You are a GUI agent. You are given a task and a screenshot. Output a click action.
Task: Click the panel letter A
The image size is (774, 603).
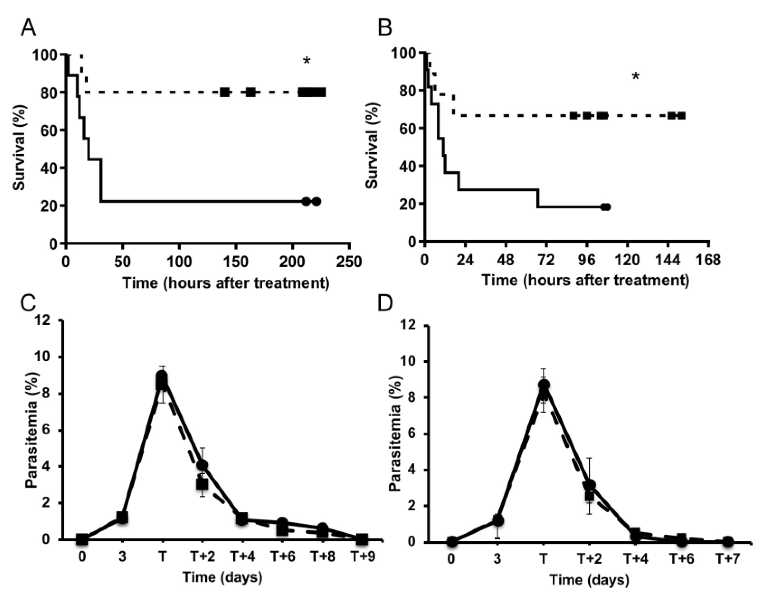pyautogui.click(x=28, y=28)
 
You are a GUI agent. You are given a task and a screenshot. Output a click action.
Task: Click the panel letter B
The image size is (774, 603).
pyautogui.click(x=385, y=28)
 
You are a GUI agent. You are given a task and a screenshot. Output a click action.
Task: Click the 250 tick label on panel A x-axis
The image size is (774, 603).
pyautogui.click(x=349, y=262)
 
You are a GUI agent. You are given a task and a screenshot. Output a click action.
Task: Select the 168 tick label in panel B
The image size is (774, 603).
pyautogui.click(x=708, y=261)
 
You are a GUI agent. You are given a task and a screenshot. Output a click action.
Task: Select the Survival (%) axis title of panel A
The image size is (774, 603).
pyautogui.click(x=20, y=148)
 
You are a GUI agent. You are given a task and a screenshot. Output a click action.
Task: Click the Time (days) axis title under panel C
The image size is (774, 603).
pyautogui.click(x=223, y=577)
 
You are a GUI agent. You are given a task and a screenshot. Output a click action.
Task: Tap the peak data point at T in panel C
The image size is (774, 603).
pyautogui.click(x=162, y=377)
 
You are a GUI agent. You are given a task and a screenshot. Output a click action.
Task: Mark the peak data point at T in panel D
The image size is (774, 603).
pyautogui.click(x=544, y=385)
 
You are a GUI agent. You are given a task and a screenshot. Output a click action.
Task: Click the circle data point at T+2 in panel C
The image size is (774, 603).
pyautogui.click(x=203, y=465)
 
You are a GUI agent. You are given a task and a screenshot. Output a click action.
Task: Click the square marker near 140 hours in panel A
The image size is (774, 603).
pyautogui.click(x=224, y=92)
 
